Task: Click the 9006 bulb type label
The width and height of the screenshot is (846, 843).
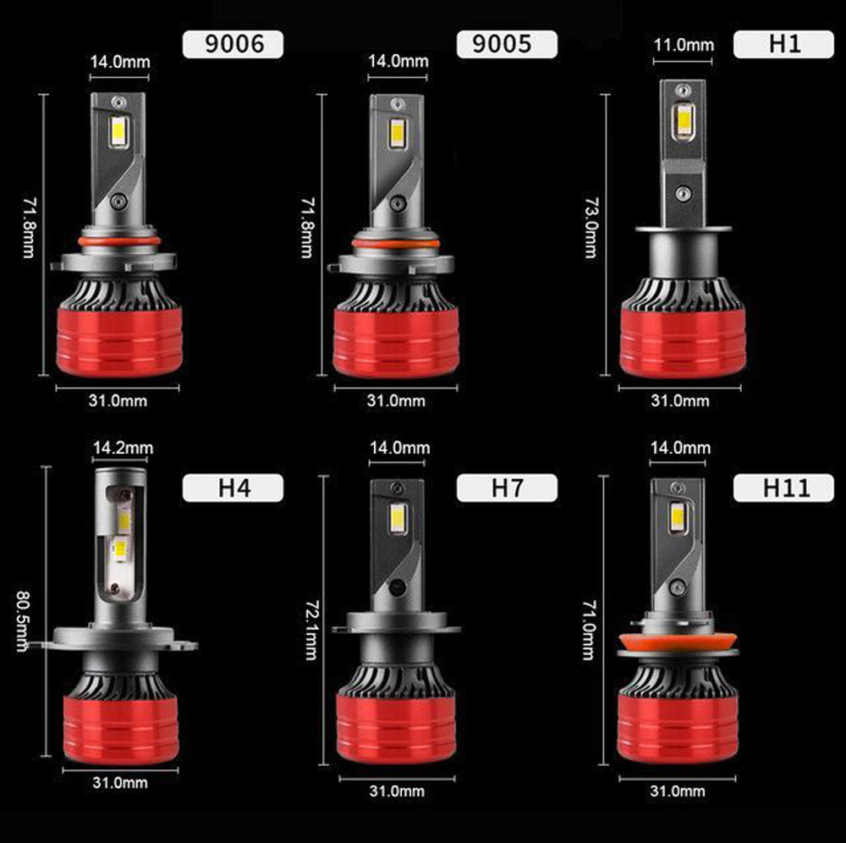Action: (x=233, y=44)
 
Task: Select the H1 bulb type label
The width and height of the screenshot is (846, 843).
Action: (x=783, y=44)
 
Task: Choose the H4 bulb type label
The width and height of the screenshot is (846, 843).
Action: (x=233, y=488)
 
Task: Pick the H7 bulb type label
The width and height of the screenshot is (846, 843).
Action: (x=507, y=488)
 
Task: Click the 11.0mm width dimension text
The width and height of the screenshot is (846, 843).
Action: (x=684, y=45)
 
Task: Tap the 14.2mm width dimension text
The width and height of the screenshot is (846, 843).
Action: (x=123, y=448)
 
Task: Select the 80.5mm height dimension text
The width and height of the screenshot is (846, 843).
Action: (x=23, y=620)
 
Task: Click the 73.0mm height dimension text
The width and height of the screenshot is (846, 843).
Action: (x=592, y=227)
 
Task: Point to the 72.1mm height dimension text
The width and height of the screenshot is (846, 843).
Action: (x=312, y=630)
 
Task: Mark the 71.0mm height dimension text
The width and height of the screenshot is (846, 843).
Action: (x=589, y=630)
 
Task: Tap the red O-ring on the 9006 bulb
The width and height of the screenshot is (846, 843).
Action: (x=119, y=240)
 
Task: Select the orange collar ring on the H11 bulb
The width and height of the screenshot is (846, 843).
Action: (x=678, y=642)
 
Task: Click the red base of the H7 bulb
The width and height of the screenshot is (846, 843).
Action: (x=396, y=728)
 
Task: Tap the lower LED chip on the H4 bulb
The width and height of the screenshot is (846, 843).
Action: (x=120, y=550)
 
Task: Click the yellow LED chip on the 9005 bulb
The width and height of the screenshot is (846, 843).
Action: (x=397, y=133)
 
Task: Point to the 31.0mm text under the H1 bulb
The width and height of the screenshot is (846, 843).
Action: (x=680, y=400)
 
